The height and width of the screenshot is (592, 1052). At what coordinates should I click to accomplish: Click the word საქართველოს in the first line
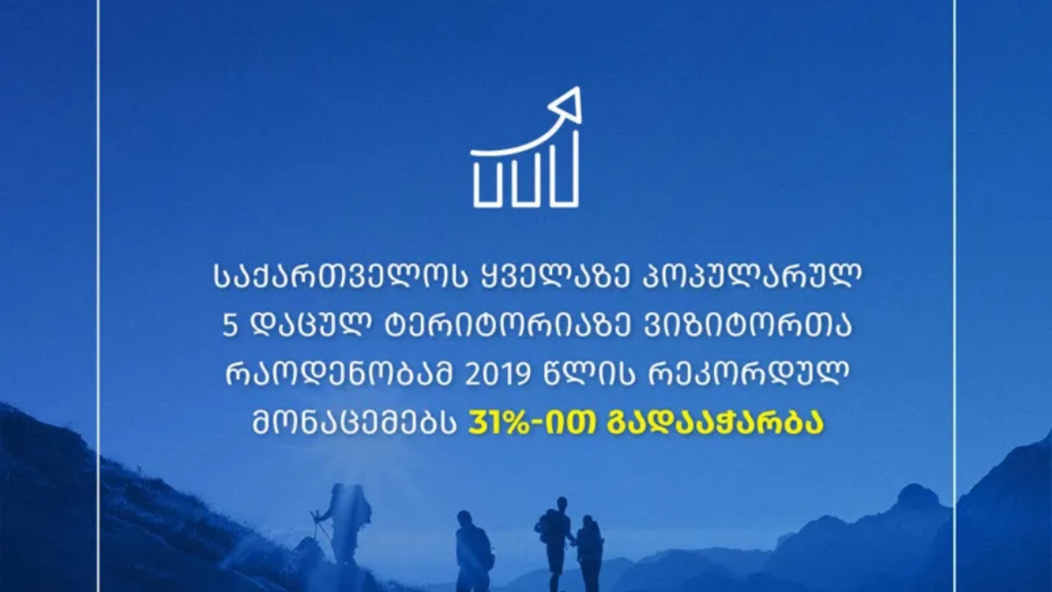[337, 278]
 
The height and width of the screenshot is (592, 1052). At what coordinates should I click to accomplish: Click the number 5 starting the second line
[230, 327]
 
